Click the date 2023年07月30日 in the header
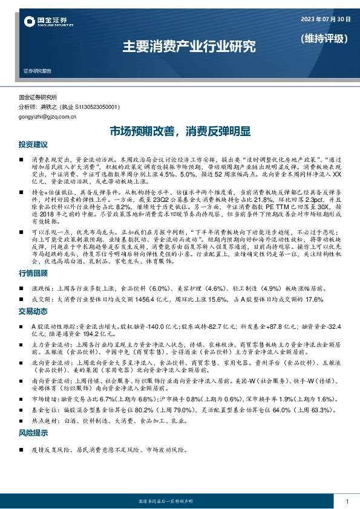(326, 19)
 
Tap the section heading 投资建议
(33, 145)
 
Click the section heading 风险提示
(33, 432)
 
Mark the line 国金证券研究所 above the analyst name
(38, 97)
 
